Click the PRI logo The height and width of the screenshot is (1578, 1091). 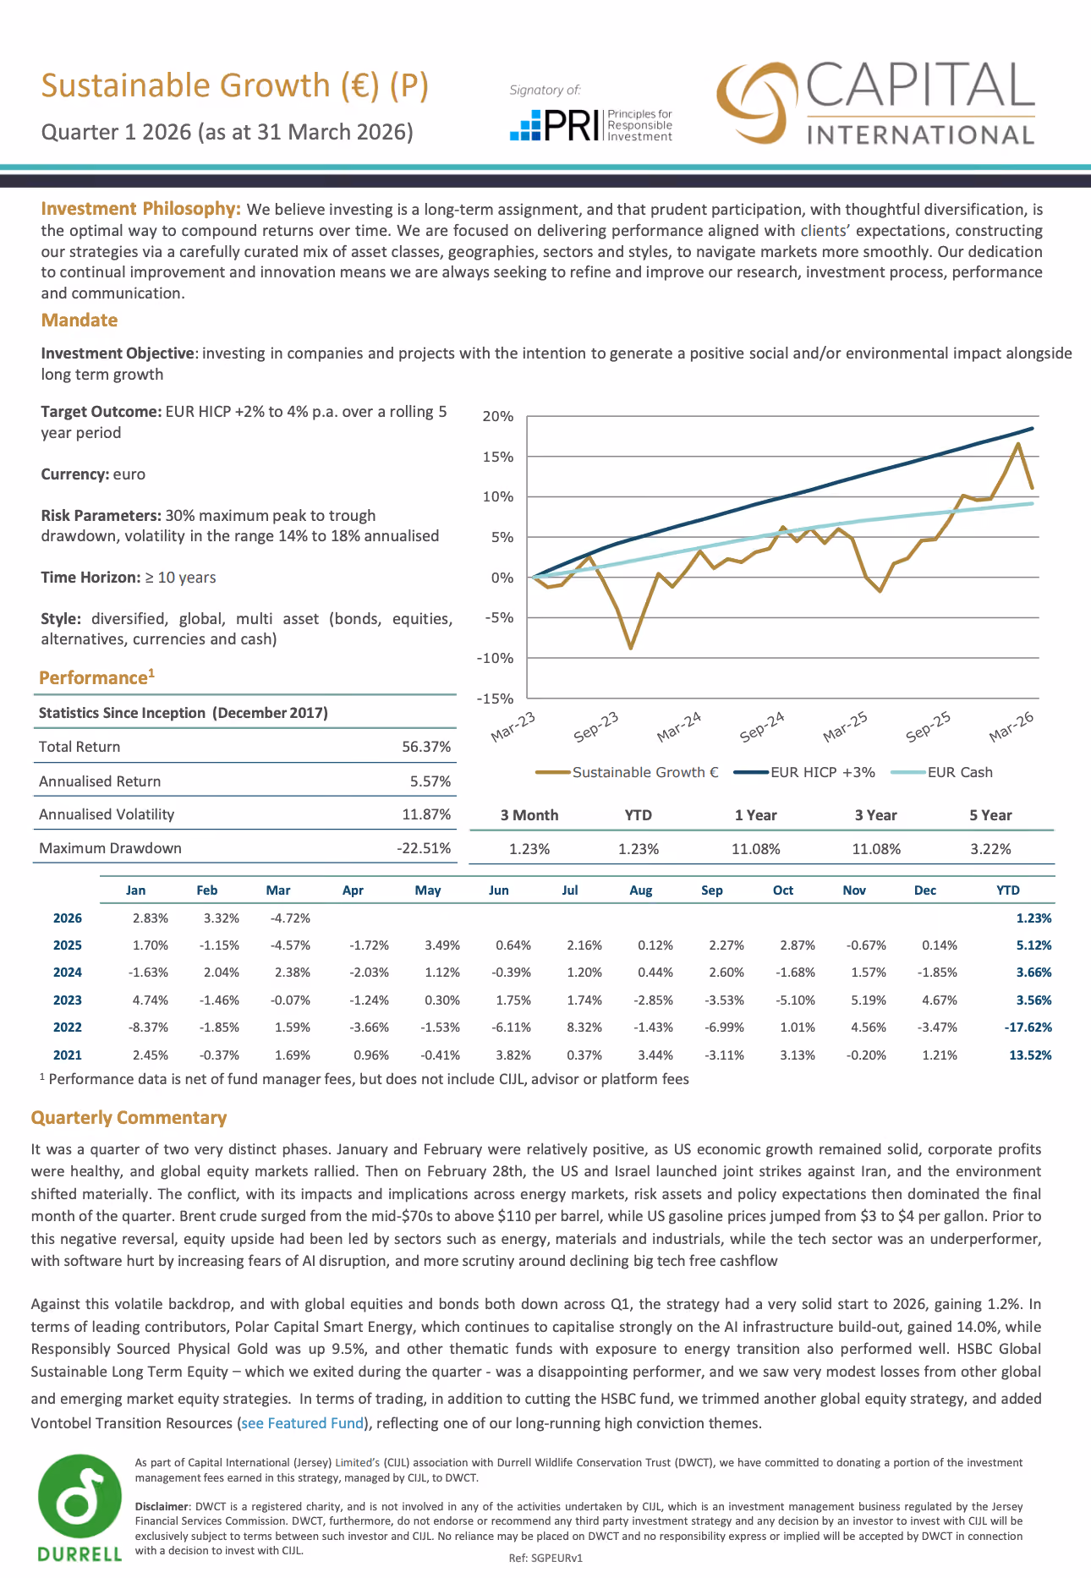coord(591,125)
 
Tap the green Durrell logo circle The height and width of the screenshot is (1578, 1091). coord(79,1498)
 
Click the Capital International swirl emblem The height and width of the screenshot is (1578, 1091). coord(757,102)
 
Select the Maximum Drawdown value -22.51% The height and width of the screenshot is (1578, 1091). coord(424,848)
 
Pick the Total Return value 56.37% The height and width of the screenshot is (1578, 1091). coord(426,747)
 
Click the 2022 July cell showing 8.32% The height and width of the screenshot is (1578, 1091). coord(584,1027)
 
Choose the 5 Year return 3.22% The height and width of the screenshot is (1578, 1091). coord(990,849)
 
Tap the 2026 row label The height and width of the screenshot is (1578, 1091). coord(68,918)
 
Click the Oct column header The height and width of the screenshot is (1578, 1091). coord(783,890)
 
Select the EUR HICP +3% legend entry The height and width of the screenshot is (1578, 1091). coord(804,772)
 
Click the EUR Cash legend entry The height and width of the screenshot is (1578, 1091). coord(943,772)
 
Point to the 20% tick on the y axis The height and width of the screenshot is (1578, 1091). coord(498,416)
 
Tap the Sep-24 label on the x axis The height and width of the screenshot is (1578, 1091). coord(762,727)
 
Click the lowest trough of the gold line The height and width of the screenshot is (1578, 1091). coord(630,648)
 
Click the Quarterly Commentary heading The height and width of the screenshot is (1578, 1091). coord(129,1118)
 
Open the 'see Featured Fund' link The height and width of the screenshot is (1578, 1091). coord(303,1423)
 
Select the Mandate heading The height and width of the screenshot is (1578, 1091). coord(79,320)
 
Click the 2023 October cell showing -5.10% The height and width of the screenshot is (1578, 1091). coord(796,1000)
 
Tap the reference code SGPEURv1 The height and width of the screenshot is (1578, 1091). coord(556,1558)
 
